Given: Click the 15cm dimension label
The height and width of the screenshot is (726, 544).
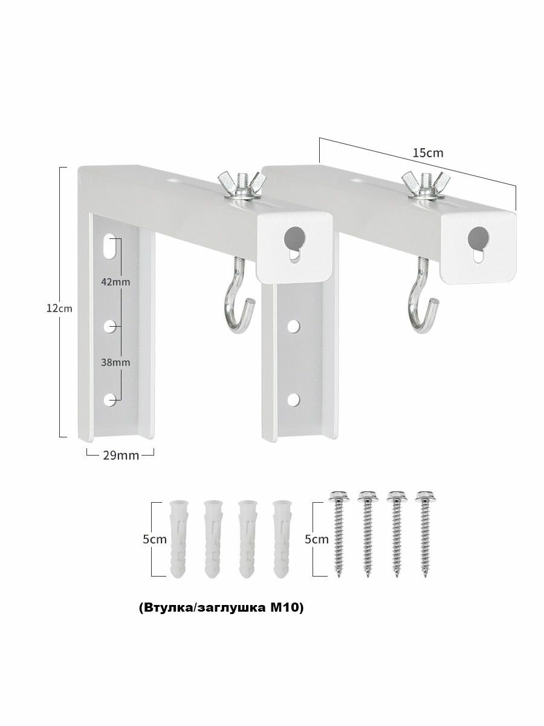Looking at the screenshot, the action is (428, 153).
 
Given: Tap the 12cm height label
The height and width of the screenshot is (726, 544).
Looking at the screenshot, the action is (59, 309).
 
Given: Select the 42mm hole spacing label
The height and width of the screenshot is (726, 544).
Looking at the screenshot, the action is (115, 282).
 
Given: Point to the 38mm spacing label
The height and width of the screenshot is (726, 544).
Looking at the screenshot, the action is (115, 362).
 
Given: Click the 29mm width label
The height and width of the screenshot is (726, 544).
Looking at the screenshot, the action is (121, 456).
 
